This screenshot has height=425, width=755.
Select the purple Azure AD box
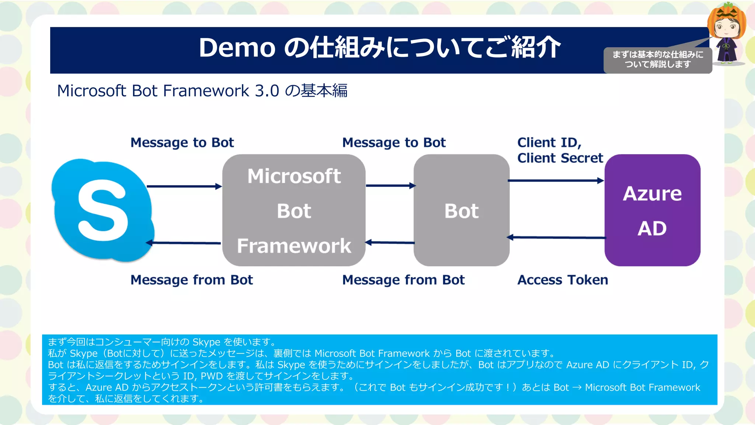(652, 210)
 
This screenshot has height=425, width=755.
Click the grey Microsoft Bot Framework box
(294, 210)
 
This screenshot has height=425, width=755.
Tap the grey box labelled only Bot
(461, 210)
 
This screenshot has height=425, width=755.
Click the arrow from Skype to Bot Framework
(184, 186)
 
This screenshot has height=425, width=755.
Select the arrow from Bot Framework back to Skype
(184, 243)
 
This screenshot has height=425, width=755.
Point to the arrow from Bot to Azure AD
(556, 181)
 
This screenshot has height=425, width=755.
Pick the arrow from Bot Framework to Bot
(390, 186)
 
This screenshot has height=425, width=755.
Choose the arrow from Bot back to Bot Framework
(390, 242)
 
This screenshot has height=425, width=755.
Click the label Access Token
(563, 280)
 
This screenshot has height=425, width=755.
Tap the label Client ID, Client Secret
(560, 150)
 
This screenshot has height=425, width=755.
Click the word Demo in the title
(237, 48)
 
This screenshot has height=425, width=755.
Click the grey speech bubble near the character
(658, 60)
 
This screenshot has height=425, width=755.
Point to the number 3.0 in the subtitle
(267, 91)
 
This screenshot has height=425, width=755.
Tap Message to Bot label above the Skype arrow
(182, 143)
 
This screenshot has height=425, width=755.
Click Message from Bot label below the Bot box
(403, 280)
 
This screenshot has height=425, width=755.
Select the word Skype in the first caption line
(206, 342)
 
